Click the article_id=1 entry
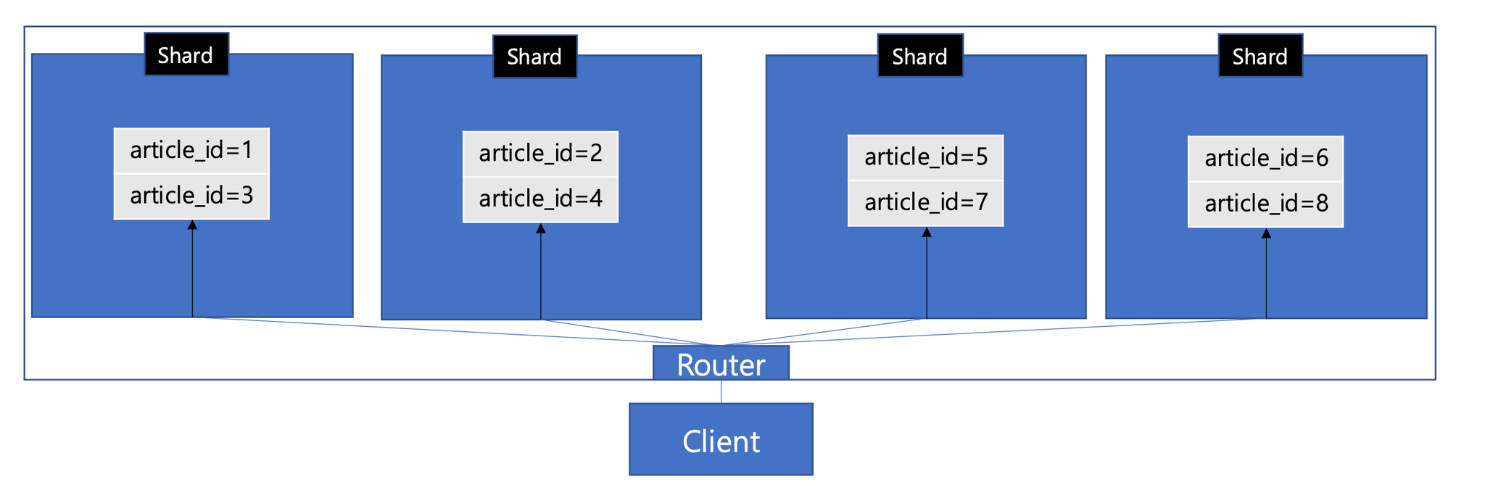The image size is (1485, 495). pos(191,151)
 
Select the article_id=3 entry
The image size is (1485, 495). pos(191,196)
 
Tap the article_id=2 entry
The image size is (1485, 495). pos(540,154)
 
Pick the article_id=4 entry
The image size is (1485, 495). pos(540,199)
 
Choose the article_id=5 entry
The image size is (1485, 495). pos(926,157)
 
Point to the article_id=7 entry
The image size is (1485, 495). pos(926,203)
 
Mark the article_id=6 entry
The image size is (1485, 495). pos(1266,159)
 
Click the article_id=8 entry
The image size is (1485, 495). pos(1266,204)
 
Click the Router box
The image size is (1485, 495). pos(721,363)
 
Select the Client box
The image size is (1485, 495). pos(721,439)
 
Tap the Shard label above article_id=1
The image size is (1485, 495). pos(186,54)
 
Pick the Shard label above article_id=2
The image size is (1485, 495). pos(535,57)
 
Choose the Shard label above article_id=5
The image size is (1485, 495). pos(920,56)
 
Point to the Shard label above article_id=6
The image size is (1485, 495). pos(1260,56)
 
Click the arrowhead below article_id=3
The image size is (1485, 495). pos(192,225)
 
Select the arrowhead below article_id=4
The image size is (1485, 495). pos(541,228)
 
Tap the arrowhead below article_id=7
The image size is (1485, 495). pos(927,232)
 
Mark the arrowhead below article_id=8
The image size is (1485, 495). pos(1266,233)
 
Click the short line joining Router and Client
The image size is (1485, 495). pos(721,392)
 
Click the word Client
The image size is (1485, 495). pos(721,441)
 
